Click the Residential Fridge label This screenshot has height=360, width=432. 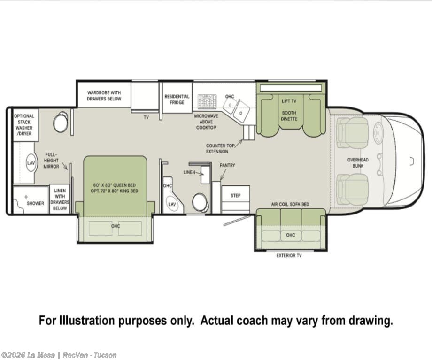pos(177,100)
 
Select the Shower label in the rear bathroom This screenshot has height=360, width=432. pos(35,203)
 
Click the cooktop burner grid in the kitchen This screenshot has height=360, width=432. pos(207,101)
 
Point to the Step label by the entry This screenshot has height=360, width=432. pos(236,196)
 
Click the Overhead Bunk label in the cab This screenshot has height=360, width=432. pos(358,163)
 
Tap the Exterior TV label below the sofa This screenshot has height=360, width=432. pos(289,256)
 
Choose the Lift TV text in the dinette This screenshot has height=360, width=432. pos(289,101)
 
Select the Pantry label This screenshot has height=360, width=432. pos(227,165)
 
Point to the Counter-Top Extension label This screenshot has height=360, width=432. pos(219,148)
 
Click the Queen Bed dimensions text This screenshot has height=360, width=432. pos(114,188)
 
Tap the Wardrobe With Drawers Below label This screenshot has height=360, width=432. pos(104,96)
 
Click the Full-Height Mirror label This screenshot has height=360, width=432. pos(51,161)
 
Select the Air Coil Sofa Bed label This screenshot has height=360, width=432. pos(290,204)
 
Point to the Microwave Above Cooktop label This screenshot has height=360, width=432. pos(206,122)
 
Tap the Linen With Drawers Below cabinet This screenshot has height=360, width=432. pos(60,199)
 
